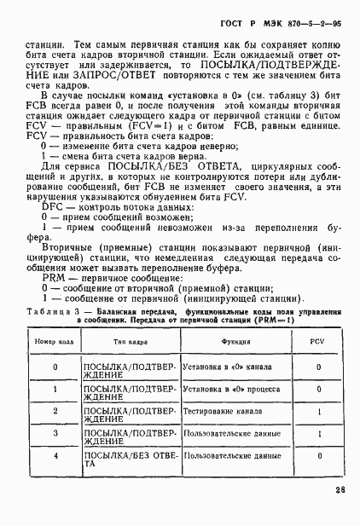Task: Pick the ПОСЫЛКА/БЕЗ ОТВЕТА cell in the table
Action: pyautogui.click(x=123, y=460)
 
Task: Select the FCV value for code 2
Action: pyautogui.click(x=317, y=412)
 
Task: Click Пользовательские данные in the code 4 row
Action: pyautogui.click(x=224, y=456)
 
